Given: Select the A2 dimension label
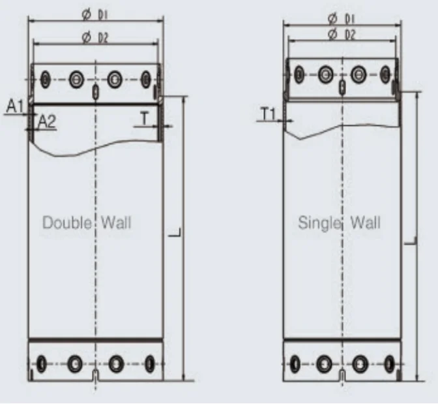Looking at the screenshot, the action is tap(46, 121).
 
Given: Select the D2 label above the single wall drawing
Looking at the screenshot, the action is tap(350, 34).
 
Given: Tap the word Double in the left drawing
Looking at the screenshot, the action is tap(66, 223).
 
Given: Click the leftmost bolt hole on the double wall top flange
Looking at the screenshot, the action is tap(45, 79).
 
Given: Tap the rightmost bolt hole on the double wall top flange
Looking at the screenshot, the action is tap(146, 79).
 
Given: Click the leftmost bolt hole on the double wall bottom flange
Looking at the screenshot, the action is tap(43, 363).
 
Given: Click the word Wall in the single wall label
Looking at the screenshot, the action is tap(366, 223).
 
